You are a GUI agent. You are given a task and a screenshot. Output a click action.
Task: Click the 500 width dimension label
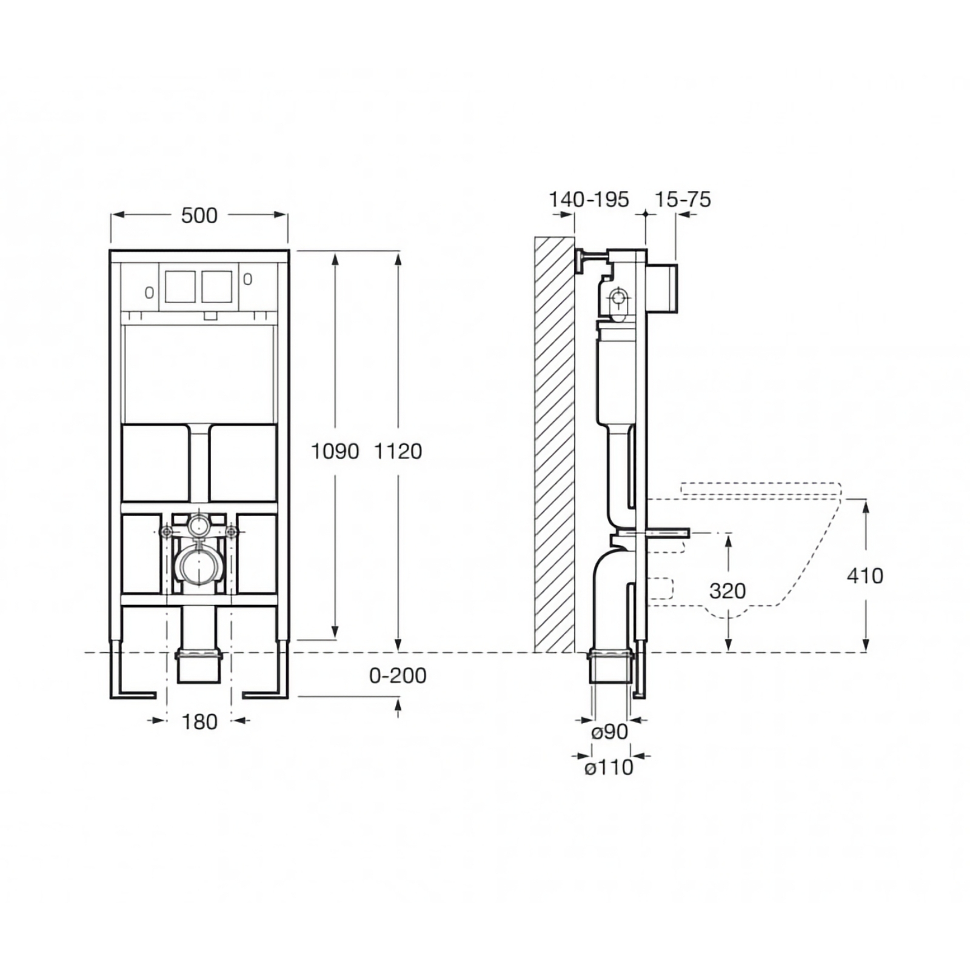pos(199,215)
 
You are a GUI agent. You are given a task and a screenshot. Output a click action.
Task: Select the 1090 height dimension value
pos(335,451)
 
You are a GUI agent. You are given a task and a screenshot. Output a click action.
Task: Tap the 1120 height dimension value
pos(398,451)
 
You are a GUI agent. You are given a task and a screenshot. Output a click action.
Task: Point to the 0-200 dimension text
pos(398,675)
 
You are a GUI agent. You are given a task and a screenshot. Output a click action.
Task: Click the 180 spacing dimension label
pos(199,722)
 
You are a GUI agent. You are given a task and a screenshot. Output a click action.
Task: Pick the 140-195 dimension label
pos(589,199)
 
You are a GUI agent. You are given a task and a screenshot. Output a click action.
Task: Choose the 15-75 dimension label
pos(683,199)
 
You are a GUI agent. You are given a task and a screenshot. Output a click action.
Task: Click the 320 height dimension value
pos(727,590)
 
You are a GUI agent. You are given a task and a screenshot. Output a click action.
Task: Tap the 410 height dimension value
pos(865,575)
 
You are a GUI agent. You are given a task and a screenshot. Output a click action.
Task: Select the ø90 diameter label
pos(609,732)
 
